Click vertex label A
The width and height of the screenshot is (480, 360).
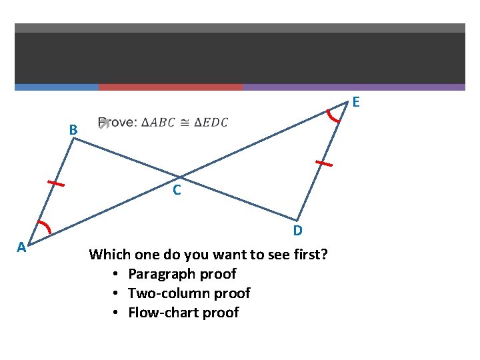pos(21,247)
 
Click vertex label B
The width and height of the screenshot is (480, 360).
pos(73,129)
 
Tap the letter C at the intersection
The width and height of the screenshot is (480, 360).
pos(177,191)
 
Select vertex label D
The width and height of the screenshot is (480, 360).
pos(298,231)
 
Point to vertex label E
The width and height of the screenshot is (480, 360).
pos(357,102)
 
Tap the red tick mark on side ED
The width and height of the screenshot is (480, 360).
pos(323,163)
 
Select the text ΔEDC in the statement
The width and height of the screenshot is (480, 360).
pos(211,123)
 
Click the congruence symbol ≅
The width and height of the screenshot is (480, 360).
pos(186,123)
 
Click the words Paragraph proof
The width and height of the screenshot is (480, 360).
pos(181,274)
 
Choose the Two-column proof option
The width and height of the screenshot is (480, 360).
pos(189,293)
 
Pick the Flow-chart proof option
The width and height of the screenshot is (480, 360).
pos(183,313)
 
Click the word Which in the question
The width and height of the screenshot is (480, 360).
pos(111,255)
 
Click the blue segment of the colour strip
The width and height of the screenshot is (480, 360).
pos(57,87)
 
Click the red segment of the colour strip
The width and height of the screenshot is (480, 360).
pos(171,87)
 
